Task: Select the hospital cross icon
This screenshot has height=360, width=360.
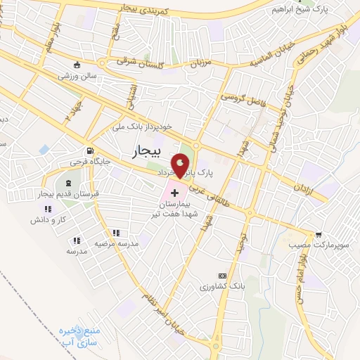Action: [174, 191]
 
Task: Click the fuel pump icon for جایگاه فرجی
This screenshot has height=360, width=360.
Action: [89, 151]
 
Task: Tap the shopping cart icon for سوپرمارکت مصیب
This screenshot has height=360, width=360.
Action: [319, 235]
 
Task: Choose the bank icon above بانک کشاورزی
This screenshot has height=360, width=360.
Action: [222, 275]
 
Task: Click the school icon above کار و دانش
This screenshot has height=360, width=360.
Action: [48, 210]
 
